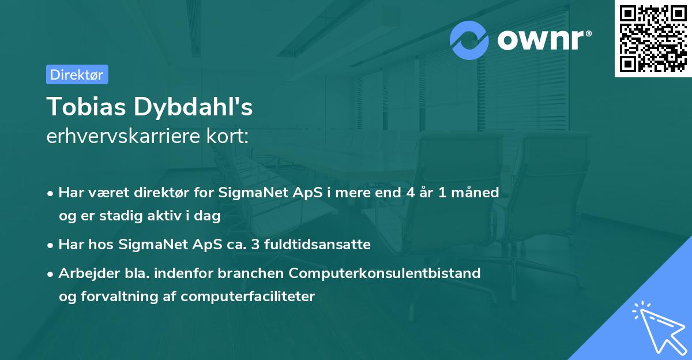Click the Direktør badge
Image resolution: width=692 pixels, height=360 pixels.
tap(77, 74)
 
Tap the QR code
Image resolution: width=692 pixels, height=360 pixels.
tap(653, 39)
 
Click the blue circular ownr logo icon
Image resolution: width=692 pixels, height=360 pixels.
tap(469, 40)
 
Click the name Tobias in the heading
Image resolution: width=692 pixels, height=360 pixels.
tap(86, 107)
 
